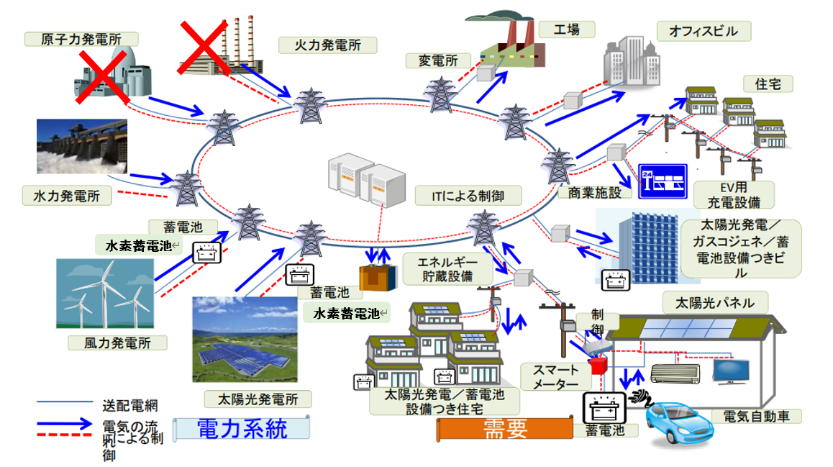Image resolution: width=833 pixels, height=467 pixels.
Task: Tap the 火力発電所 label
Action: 328,45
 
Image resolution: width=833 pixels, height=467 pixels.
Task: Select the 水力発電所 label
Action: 66,194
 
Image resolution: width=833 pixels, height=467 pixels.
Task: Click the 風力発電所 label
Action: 117,342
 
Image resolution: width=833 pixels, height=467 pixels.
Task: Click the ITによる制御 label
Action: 467,194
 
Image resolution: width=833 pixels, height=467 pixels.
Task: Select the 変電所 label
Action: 437,60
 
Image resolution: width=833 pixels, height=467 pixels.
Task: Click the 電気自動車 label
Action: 761,416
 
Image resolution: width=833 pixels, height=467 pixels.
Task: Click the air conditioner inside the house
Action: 674,373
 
